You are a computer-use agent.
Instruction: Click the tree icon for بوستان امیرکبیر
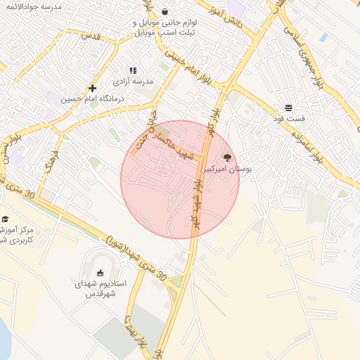tap(226, 158)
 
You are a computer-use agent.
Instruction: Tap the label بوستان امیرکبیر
tap(228, 170)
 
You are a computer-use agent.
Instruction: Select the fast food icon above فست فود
tap(289, 108)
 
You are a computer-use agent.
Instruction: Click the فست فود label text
tap(289, 120)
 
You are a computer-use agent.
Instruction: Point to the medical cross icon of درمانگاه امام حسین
tap(92, 88)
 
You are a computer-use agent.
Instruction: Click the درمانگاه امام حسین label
tap(93, 99)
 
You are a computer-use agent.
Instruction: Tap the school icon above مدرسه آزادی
tap(132, 70)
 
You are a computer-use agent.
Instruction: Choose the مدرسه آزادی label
tap(132, 82)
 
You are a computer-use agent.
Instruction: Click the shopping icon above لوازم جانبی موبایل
tap(165, 12)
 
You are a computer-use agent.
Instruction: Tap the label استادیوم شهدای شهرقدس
tap(101, 289)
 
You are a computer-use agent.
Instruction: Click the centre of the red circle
tap(180, 179)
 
